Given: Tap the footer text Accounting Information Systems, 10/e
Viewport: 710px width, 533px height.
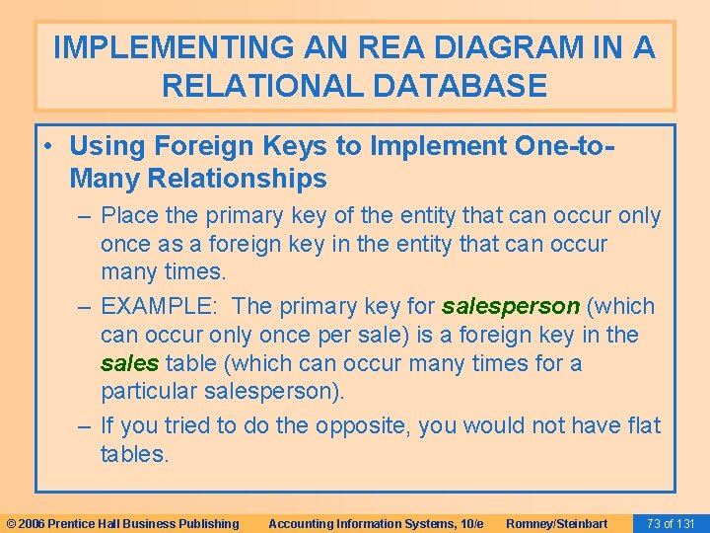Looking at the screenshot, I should click(x=375, y=523).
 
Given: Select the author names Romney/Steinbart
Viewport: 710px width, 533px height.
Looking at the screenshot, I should click(x=556, y=523).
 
